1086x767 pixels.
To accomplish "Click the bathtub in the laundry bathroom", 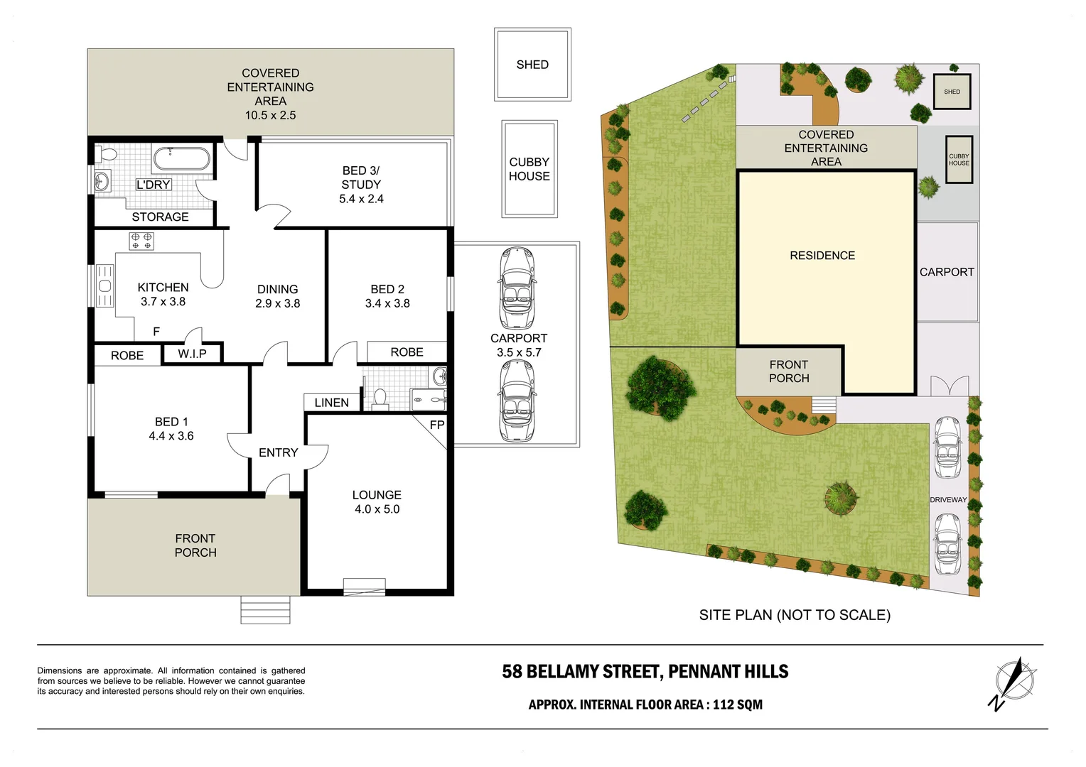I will coord(182,158).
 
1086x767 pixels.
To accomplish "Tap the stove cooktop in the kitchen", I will coord(141,241).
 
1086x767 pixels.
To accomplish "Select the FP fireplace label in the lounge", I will coord(436,425).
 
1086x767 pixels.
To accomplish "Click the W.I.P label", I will coord(192,354).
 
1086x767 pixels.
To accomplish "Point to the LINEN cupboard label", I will coord(331,403).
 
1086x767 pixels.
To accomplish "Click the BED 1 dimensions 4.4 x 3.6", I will coord(171,436).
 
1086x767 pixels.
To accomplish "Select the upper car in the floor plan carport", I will coord(517,287).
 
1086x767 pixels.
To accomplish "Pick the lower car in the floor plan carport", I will coord(517,401).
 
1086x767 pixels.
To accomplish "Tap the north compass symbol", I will coord(1013,683).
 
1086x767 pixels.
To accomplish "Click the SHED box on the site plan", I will coord(952,92).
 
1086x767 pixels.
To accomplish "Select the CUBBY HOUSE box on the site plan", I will coord(958,160).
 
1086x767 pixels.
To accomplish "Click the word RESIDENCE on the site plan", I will coord(822,256).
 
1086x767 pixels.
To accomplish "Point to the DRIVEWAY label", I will coord(948,500).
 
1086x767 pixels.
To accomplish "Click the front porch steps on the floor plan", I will coord(265,610).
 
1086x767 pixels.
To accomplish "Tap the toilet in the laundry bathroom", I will coord(108,154).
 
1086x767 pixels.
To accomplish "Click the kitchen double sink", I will coord(104,286).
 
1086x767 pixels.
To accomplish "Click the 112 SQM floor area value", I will coord(738,705).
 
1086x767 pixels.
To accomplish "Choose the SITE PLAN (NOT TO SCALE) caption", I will coord(795,615).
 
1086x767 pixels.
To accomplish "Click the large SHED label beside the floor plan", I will coord(532,65).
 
